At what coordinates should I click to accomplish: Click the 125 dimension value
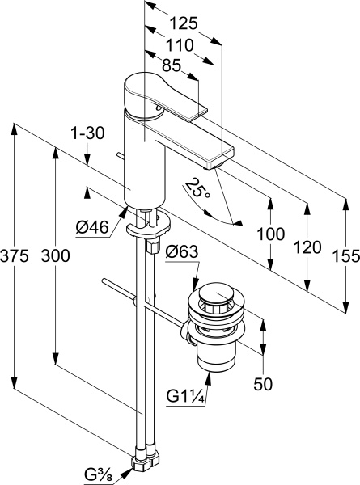pos(184,23)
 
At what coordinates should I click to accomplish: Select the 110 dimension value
pos(180,45)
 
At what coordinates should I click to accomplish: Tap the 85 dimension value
pos(172,65)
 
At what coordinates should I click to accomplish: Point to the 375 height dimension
pos(15,256)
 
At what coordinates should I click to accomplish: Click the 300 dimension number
pos(55,255)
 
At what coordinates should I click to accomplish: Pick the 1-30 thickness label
pos(87,133)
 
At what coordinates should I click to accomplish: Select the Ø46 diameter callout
pos(92,228)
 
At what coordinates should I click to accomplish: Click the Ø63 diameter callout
pos(182,252)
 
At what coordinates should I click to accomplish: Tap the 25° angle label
pos(198,189)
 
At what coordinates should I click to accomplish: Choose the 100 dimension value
pos(271,234)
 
